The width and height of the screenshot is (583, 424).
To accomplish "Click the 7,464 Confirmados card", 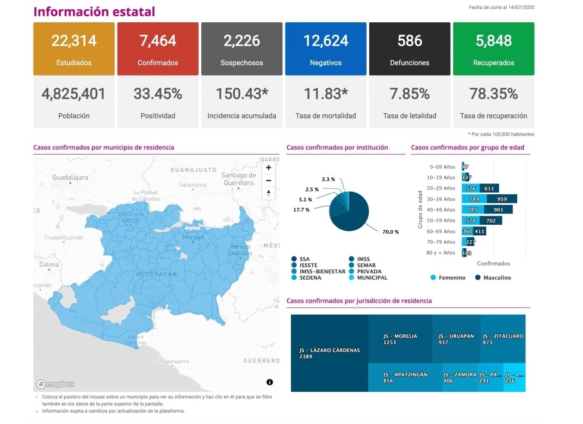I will [x=158, y=48].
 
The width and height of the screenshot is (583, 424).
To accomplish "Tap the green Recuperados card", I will [x=493, y=48].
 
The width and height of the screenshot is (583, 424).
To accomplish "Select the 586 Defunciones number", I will [x=410, y=41].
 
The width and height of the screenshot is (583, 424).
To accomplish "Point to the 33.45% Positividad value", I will [x=158, y=94].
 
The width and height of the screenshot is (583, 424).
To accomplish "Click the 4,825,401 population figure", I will [x=73, y=94].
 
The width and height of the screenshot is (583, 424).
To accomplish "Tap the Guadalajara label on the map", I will [x=70, y=177].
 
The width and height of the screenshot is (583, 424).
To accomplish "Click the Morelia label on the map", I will [x=193, y=237].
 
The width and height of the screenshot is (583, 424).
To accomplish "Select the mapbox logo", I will [x=56, y=384].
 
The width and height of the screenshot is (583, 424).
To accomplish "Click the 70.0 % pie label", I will [x=390, y=232].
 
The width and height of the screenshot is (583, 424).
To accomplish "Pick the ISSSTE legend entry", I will [x=309, y=265].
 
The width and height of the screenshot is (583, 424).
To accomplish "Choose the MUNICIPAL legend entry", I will [x=372, y=278].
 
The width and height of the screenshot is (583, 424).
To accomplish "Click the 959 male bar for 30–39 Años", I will [x=502, y=199].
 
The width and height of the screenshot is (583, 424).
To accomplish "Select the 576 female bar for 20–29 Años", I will [x=471, y=188].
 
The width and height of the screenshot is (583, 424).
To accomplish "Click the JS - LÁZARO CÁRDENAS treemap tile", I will [x=330, y=353].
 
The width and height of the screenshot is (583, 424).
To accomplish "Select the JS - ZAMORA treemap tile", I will [x=461, y=377].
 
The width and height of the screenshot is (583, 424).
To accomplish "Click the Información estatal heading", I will [x=94, y=12].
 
